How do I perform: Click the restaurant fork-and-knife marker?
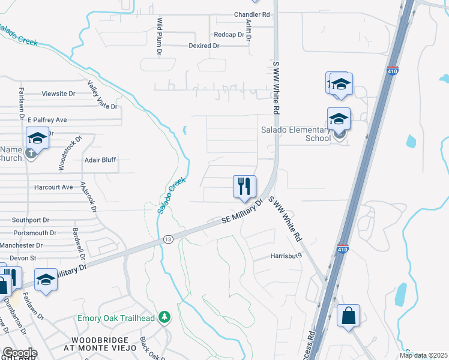pyautogui.click(x=244, y=187)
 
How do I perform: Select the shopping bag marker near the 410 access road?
pyautogui.click(x=348, y=316)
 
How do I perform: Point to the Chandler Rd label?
pyautogui.click(x=253, y=14)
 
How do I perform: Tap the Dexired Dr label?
pyautogui.click(x=203, y=46)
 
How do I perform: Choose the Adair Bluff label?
pyautogui.click(x=100, y=160)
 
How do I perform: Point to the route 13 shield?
pyautogui.click(x=168, y=239)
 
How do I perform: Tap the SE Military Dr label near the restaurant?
pyautogui.click(x=243, y=212)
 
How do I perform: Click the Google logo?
pyautogui.click(x=20, y=353)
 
